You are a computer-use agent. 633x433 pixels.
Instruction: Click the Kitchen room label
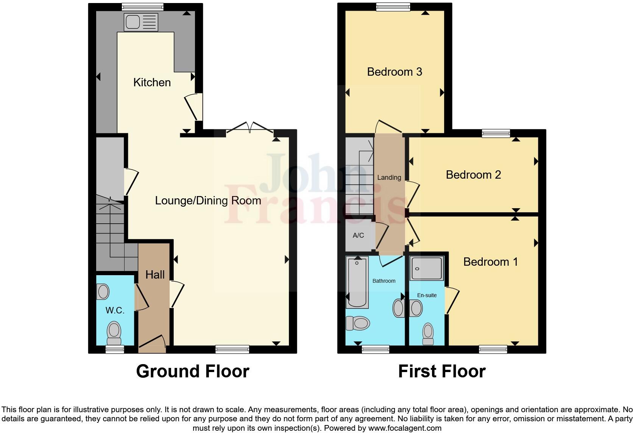coord(152,83)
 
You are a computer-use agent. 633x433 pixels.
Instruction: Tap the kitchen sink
coord(140,22)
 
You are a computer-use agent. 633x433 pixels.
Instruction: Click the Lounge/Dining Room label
coord(208,201)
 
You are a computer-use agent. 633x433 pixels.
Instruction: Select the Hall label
coord(155,275)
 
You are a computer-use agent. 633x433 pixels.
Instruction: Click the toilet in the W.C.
coord(114,330)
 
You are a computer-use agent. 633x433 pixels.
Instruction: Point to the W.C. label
coord(115,310)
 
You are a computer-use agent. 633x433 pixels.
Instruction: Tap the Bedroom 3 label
coord(394,72)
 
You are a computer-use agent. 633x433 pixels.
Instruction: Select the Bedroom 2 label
coord(473,175)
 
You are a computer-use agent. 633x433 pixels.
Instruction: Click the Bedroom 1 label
coord(490,262)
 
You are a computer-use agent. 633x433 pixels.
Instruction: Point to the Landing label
coord(389,178)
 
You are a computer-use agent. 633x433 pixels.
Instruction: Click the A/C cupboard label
coord(358,235)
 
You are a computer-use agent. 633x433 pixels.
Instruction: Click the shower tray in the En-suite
coord(427,268)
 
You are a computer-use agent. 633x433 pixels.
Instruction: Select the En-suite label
coord(427,295)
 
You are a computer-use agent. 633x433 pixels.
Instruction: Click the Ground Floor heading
coord(192,371)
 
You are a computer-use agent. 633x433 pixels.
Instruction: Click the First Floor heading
coord(441,371)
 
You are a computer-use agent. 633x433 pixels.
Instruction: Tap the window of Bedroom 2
coord(496,133)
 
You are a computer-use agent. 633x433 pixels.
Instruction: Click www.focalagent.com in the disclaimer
coord(404,428)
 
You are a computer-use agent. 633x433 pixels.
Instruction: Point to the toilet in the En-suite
coord(428,333)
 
